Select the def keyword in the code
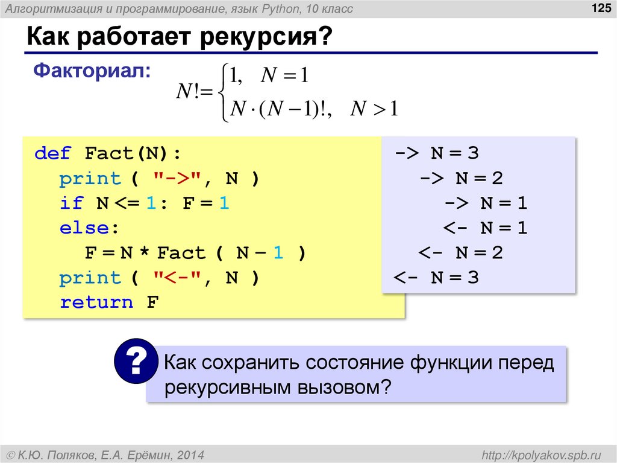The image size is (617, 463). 53,153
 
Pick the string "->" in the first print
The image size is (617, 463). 179,179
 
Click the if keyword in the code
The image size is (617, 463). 72,203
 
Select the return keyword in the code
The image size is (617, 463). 96,302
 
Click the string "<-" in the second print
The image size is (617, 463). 179,278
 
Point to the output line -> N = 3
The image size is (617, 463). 437,153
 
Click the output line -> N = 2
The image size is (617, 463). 462,178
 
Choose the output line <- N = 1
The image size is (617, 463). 486,228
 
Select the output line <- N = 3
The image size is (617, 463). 436,278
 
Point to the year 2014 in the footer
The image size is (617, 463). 192,454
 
